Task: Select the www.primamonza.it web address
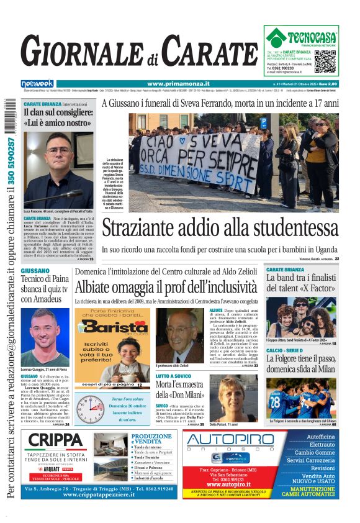178,84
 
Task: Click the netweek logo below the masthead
37,83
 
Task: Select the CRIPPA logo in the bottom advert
56,442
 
